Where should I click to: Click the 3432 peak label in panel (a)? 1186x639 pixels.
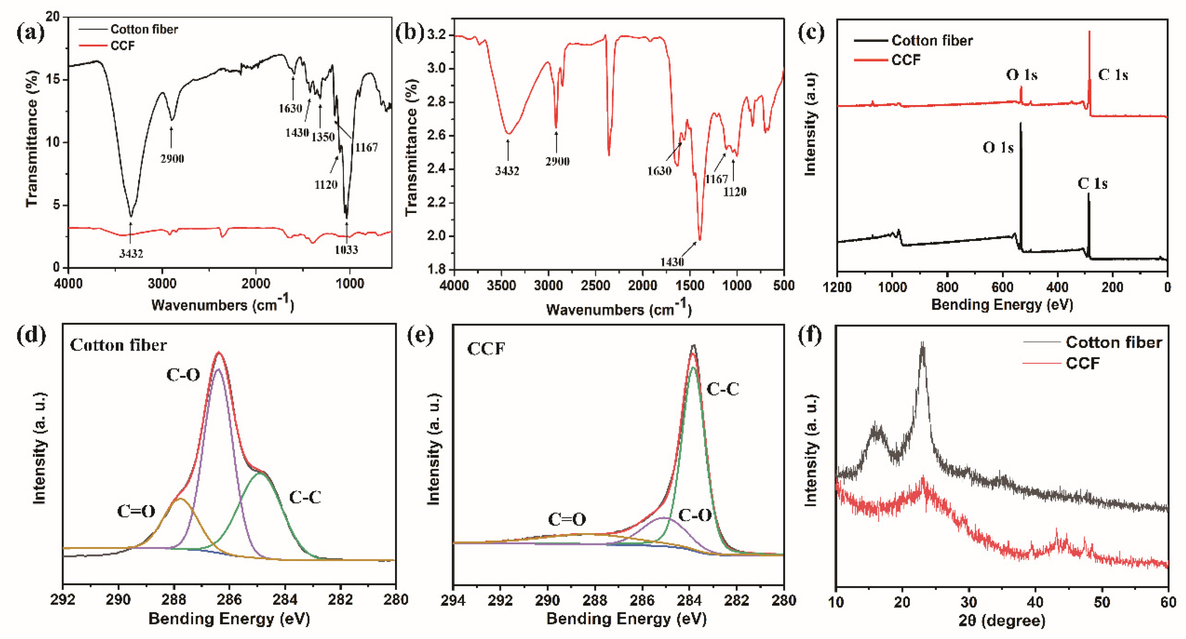coord(131,254)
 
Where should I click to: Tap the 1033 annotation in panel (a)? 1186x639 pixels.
coord(346,250)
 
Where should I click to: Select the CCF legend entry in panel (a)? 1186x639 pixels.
coord(122,46)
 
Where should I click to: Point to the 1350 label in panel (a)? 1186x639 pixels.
coord(323,137)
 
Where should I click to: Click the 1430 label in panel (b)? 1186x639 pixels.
coord(672,262)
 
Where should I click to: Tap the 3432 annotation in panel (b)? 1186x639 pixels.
coord(507,171)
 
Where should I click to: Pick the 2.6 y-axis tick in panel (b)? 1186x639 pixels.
coord(437,136)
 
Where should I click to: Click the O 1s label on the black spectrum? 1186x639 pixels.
coord(998,148)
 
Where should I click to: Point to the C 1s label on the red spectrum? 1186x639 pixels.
coord(1113,75)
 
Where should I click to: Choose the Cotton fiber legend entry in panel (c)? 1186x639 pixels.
coord(932,41)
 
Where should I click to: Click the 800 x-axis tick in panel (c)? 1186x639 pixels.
coord(947,288)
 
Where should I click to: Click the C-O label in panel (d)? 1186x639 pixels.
coord(183,376)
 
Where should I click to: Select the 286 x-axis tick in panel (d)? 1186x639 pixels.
coord(229,600)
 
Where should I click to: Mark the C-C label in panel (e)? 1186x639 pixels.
coord(722,389)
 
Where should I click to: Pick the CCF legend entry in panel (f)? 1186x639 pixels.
coord(1083,364)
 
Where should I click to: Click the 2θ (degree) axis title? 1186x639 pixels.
coord(1002,621)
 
